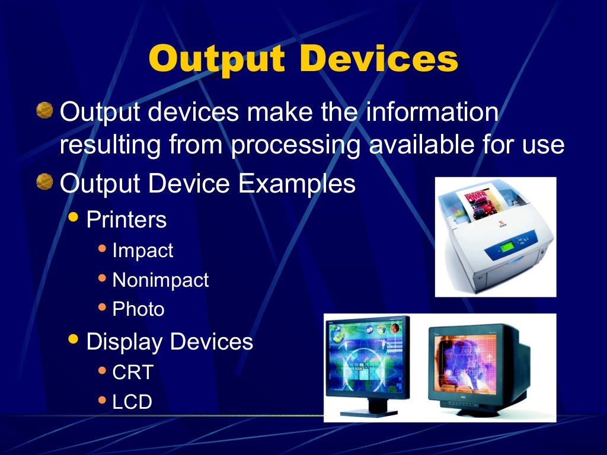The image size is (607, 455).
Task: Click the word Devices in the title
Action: point(379,59)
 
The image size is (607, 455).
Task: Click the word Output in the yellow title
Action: point(221,59)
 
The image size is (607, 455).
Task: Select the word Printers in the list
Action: point(126,220)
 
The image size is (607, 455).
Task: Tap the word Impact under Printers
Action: point(143,251)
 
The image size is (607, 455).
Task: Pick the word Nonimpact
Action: point(161,280)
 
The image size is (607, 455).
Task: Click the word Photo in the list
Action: point(138,309)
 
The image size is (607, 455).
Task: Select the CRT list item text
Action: point(133,373)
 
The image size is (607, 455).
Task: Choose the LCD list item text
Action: point(132,402)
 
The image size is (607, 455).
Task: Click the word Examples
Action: point(297,184)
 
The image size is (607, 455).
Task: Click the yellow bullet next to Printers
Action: point(73,217)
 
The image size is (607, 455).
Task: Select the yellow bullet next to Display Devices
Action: point(73,339)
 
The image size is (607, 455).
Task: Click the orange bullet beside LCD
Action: point(102,401)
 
